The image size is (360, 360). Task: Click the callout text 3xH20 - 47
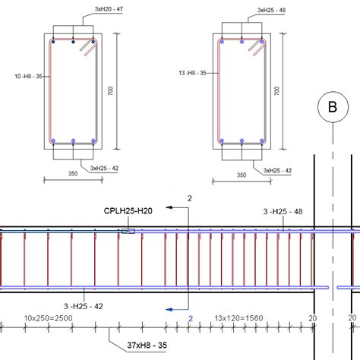[x=109, y=9]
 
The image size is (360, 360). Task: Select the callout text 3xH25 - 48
[x=271, y=10]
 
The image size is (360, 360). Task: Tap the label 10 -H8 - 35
[x=28, y=76]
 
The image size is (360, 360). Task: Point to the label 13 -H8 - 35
[x=192, y=73]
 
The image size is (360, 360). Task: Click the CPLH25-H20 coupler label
[x=128, y=211]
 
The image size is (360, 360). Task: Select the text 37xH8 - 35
[x=147, y=345]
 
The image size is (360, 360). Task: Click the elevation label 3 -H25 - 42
[x=84, y=306]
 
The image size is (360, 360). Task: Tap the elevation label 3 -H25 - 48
[x=283, y=211]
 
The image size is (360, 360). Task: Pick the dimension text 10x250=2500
[x=48, y=318]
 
